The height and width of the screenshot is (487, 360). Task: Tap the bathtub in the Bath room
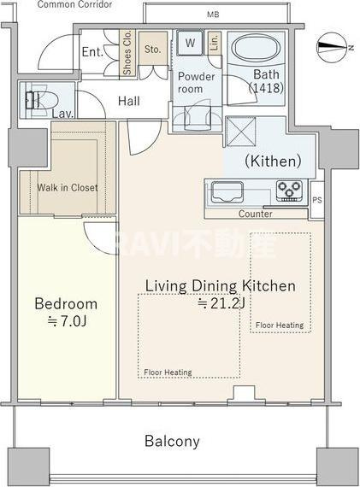point(257,49)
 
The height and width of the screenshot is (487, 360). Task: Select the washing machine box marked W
point(190,43)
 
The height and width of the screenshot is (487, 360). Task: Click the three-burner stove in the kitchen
point(289,190)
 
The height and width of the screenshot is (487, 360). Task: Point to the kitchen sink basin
point(227,191)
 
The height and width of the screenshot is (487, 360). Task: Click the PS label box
point(317,200)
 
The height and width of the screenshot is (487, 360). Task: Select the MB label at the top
point(213,15)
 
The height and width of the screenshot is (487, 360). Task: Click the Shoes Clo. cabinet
point(127,52)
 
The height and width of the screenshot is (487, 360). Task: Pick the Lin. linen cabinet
point(215,43)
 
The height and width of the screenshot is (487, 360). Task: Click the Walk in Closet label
point(68,188)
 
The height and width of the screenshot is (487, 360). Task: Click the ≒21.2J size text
point(221,302)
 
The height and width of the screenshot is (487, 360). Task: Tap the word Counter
point(255,214)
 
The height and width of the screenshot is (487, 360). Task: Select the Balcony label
point(172,442)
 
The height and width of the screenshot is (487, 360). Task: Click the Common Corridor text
point(74,4)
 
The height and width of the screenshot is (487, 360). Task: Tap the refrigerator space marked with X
point(240,132)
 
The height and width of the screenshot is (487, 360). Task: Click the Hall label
point(129,101)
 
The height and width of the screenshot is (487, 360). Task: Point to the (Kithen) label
point(274,161)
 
